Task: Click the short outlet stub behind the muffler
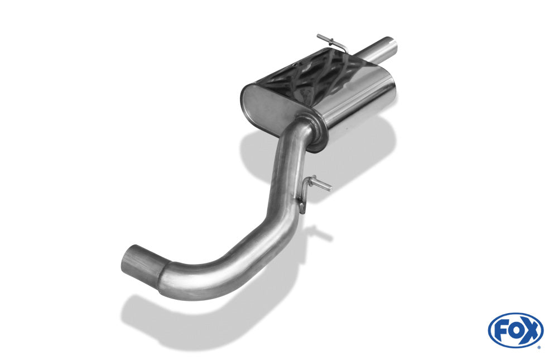(x=379, y=50)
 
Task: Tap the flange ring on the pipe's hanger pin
(x=313, y=180)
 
